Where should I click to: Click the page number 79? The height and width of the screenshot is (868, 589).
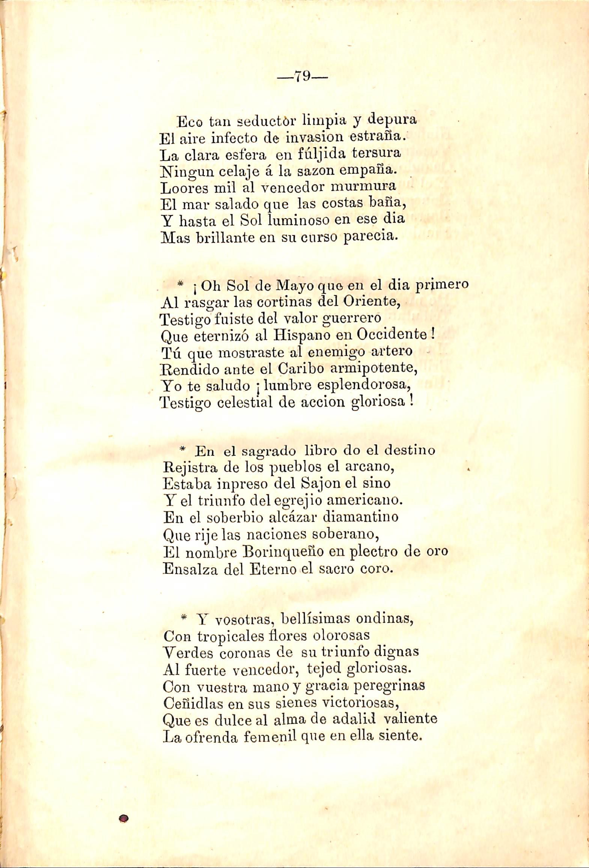[302, 77]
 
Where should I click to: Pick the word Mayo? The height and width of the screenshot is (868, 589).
[295, 286]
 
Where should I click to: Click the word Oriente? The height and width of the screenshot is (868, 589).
[371, 302]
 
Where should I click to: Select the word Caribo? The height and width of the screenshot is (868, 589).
[301, 369]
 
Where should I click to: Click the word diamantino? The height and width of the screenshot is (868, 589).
[361, 517]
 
